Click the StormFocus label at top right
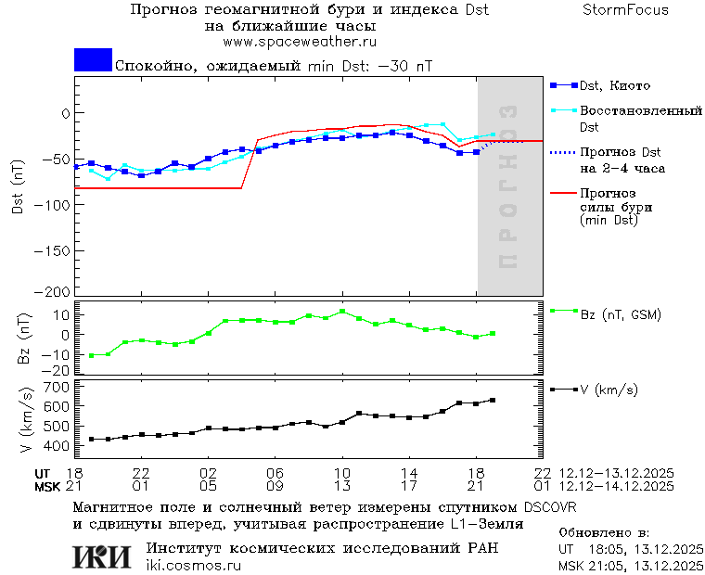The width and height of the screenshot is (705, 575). pos(626,10)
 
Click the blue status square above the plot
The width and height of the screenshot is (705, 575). pos(93,59)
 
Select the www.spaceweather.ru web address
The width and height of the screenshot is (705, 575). pos(300,42)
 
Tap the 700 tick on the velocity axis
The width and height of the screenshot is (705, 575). pos(56,386)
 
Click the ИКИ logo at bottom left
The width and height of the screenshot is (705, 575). pos(101,556)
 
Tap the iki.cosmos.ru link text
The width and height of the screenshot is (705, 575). pos(194,566)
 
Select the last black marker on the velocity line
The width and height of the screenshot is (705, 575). pos(493,400)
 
